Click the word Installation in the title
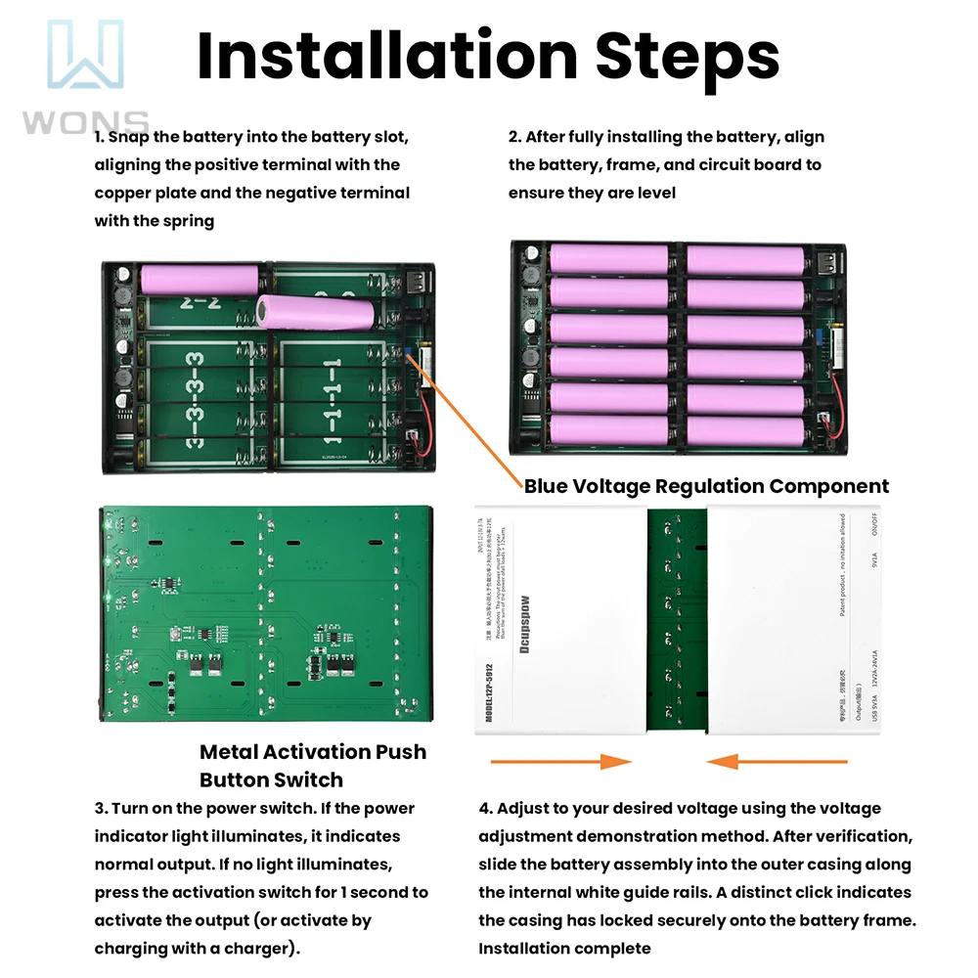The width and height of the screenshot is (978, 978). point(385,56)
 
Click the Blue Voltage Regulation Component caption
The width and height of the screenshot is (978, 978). point(706,486)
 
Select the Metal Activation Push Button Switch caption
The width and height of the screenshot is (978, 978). point(313,766)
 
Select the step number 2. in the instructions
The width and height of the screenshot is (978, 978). point(514,138)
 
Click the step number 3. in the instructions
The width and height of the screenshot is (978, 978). point(101,809)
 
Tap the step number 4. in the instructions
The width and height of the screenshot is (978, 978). point(485,809)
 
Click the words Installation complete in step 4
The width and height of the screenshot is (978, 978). point(564,948)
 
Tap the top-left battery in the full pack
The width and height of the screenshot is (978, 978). point(608,259)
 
